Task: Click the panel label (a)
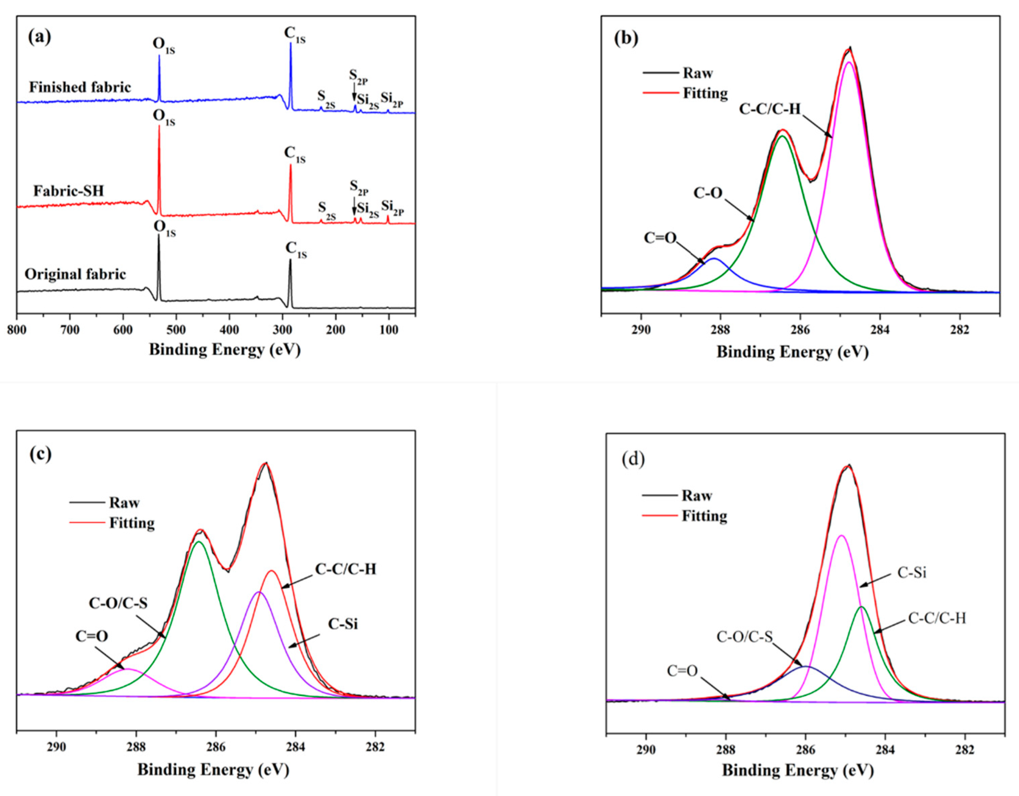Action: (40, 37)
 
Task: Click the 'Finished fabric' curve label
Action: (80, 87)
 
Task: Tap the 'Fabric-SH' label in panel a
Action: (69, 191)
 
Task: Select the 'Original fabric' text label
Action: (75, 274)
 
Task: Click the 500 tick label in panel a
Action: (176, 330)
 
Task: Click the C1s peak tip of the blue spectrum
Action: (291, 43)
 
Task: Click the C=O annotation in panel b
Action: (660, 238)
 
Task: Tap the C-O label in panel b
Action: (708, 193)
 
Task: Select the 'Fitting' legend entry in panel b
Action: (705, 93)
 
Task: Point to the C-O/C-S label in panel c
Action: (118, 603)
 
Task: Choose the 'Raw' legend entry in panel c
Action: (124, 503)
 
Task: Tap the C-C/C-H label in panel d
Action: (937, 618)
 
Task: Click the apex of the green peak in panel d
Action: (861, 607)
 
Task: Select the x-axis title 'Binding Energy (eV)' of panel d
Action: (797, 770)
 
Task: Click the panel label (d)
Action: (633, 460)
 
